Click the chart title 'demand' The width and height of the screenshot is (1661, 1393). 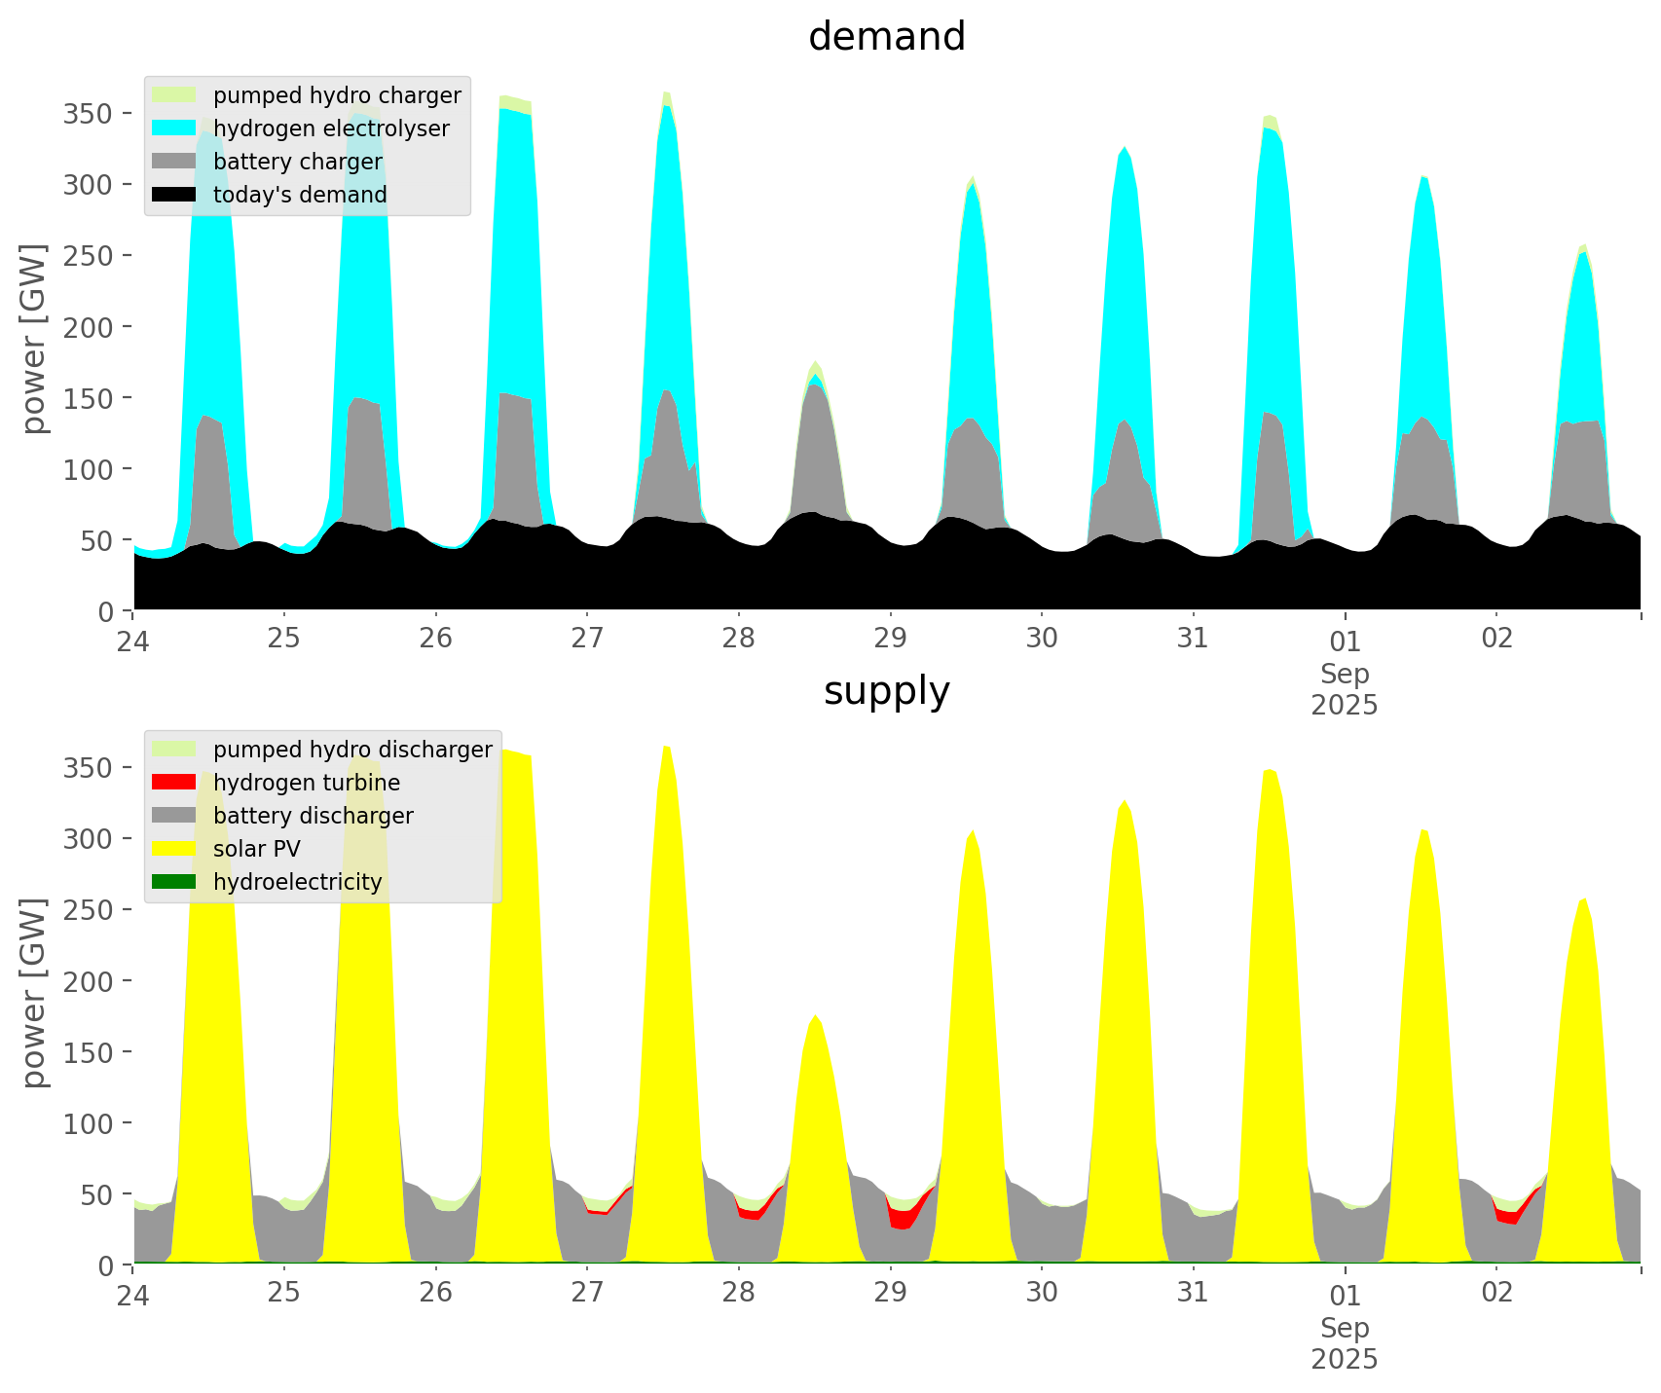click(886, 37)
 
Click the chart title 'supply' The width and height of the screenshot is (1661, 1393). click(886, 691)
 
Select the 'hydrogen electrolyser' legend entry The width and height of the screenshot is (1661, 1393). click(331, 128)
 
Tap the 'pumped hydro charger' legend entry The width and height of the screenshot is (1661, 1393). click(337, 95)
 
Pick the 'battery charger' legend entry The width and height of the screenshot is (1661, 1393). click(297, 162)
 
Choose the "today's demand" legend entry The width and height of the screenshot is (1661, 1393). click(300, 195)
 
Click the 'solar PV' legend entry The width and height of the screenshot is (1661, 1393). click(257, 849)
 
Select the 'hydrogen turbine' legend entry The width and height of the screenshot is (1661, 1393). click(306, 783)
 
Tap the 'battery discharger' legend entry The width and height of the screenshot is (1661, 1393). click(313, 816)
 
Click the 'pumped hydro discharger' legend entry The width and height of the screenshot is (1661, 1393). click(352, 750)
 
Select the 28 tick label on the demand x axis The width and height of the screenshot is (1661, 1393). click(739, 638)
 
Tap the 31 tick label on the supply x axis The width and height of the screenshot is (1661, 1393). click(1193, 1292)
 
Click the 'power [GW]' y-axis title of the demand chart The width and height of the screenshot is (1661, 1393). click(34, 339)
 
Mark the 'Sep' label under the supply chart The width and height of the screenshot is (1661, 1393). click(1345, 1328)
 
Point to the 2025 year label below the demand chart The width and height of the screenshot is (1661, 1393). click(1345, 705)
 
